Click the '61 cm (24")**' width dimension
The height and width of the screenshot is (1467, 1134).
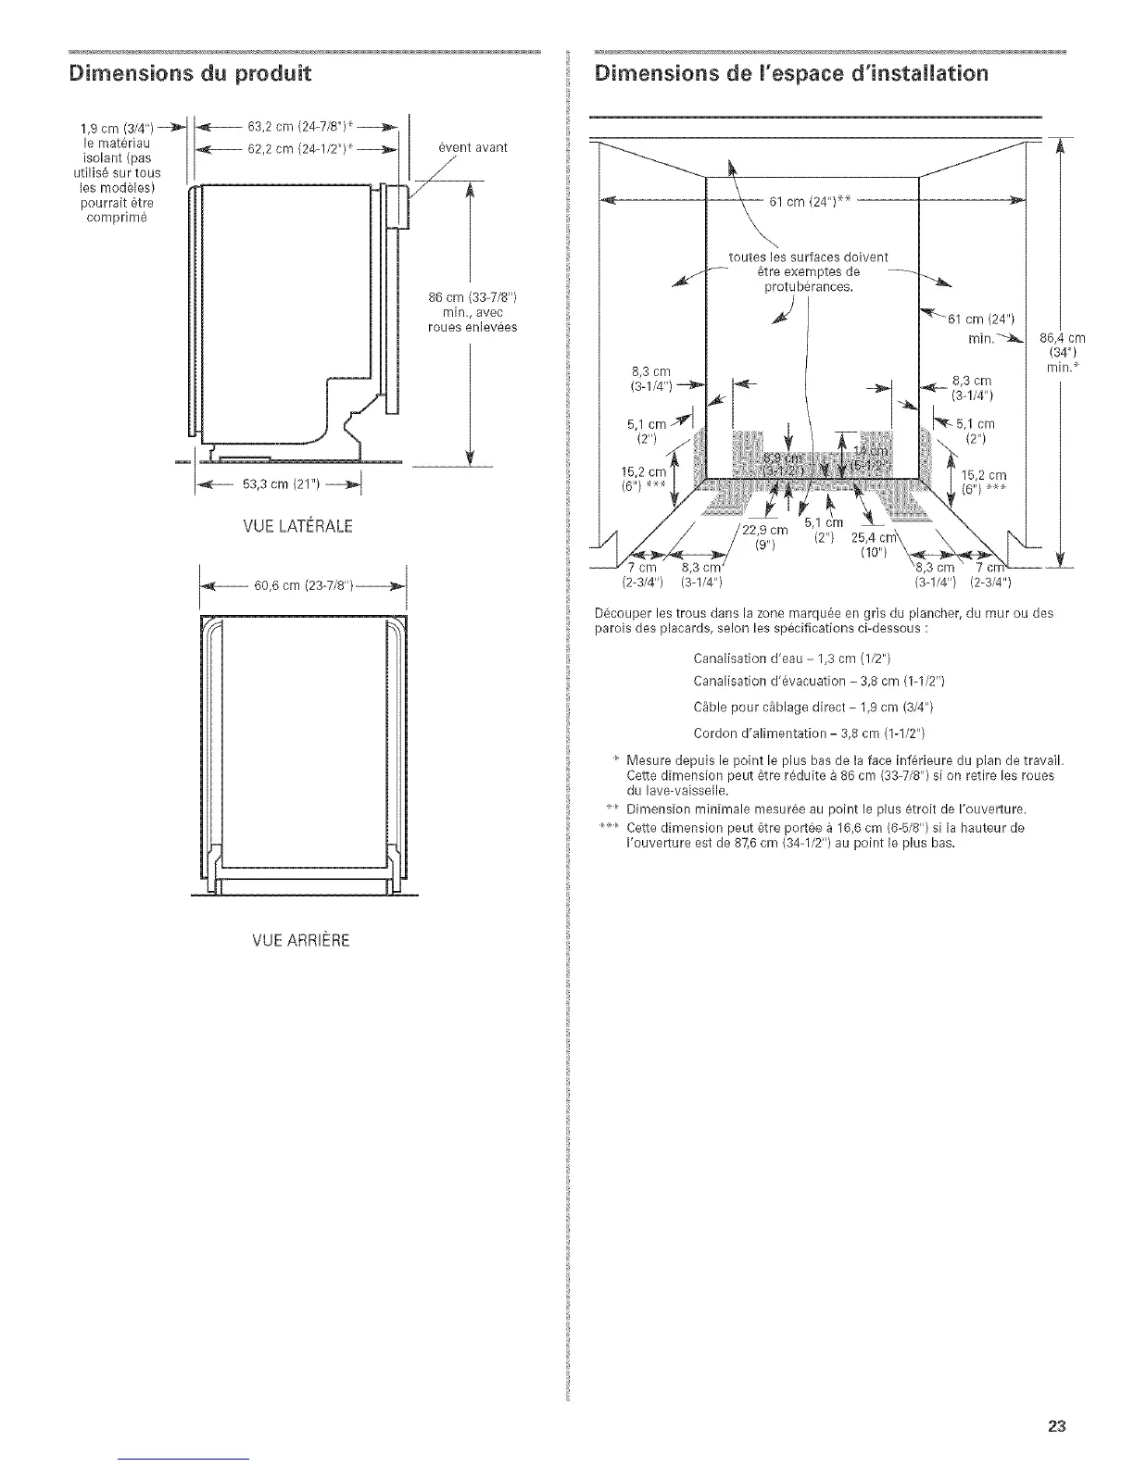810,204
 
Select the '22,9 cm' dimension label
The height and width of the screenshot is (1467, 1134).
765,530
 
